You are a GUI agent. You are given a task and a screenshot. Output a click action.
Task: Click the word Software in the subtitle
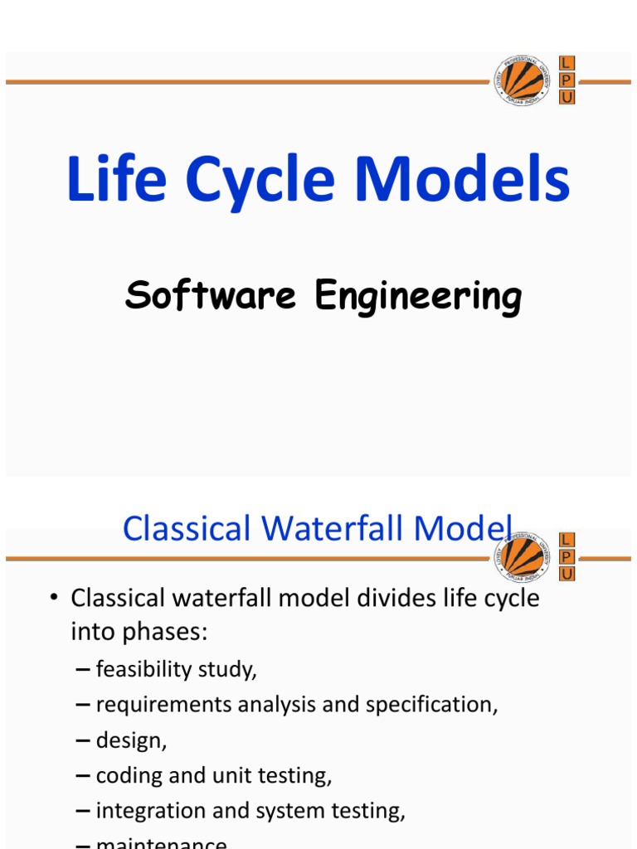click(x=210, y=296)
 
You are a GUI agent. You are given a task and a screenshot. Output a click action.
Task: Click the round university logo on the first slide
click(x=522, y=81)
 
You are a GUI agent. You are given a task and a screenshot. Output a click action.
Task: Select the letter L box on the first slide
click(x=567, y=64)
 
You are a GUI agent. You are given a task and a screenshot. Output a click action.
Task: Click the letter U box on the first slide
click(x=567, y=97)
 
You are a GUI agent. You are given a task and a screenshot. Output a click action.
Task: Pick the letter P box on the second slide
click(x=567, y=557)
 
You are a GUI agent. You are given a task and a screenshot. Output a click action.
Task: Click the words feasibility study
click(x=177, y=669)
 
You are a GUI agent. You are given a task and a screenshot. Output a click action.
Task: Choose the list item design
click(x=131, y=740)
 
